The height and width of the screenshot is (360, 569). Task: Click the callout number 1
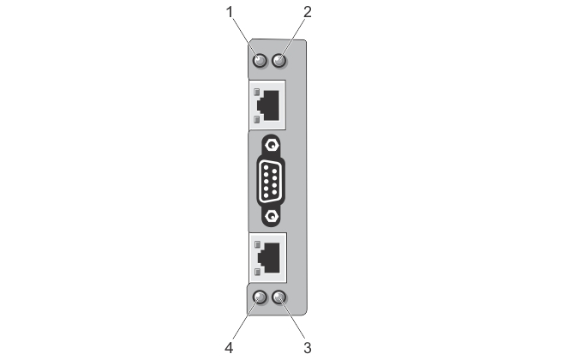click(x=229, y=12)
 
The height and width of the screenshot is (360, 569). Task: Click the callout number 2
click(x=307, y=12)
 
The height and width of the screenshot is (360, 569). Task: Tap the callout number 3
click(x=308, y=348)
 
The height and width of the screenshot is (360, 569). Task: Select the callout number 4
click(x=229, y=348)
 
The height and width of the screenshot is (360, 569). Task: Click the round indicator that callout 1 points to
click(x=260, y=60)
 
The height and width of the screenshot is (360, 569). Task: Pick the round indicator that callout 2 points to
click(x=279, y=60)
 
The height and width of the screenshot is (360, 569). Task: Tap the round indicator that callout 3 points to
click(x=279, y=297)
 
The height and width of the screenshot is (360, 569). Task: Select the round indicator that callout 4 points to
click(x=259, y=297)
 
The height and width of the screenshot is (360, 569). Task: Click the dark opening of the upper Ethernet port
click(x=268, y=105)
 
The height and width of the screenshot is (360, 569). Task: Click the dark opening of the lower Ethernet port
click(x=269, y=258)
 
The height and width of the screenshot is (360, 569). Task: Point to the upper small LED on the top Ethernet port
click(x=256, y=92)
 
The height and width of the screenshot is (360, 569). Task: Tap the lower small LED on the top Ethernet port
click(x=256, y=119)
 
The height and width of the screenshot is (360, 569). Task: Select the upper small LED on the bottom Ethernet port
click(x=257, y=244)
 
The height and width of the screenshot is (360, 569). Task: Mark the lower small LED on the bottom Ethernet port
click(x=257, y=272)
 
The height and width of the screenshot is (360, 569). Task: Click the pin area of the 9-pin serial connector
click(x=270, y=180)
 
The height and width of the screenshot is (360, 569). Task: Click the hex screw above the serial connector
click(x=270, y=145)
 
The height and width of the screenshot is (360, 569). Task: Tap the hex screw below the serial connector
click(x=270, y=216)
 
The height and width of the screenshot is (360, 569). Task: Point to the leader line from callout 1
click(x=245, y=38)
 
